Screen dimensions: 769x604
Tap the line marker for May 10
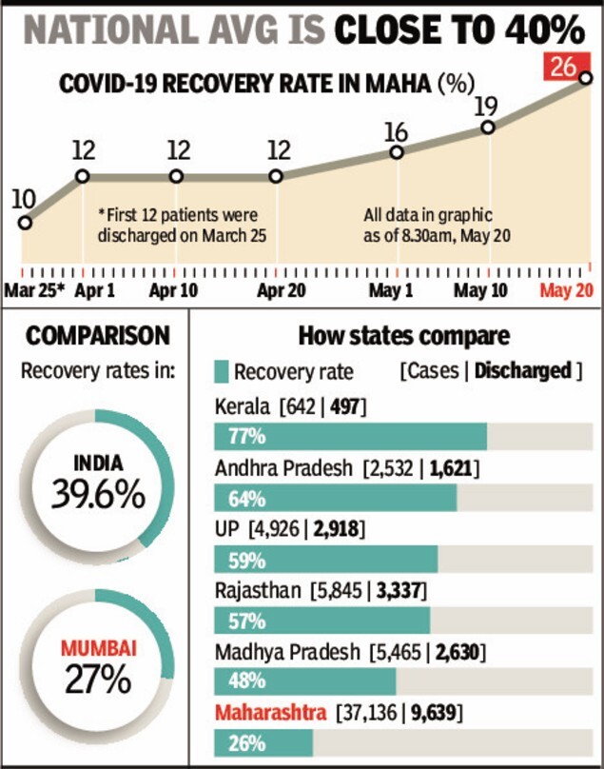point(488,127)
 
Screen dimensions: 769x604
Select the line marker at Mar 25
point(25,223)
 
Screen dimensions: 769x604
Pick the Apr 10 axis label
point(175,290)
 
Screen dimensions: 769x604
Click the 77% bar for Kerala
point(351,437)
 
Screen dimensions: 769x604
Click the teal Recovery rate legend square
point(222,371)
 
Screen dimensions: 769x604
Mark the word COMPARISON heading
point(99,336)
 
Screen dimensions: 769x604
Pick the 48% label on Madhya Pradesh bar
point(246,681)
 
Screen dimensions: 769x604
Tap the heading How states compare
point(404,336)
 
